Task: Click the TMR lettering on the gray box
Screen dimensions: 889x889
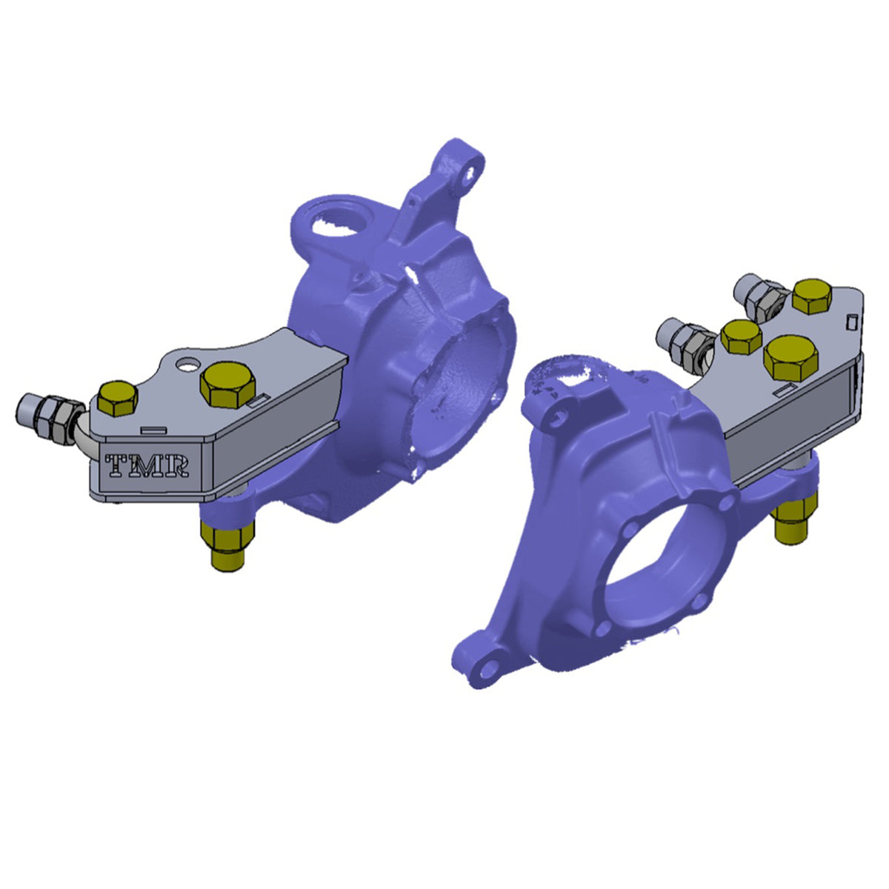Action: (149, 466)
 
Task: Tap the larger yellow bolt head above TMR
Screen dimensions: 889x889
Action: (227, 384)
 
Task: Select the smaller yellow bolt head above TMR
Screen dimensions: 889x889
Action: (118, 398)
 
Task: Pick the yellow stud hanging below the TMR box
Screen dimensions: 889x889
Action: (227, 545)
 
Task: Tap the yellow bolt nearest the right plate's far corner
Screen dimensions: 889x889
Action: (812, 296)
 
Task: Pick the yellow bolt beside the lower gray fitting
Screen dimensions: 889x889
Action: (741, 336)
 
